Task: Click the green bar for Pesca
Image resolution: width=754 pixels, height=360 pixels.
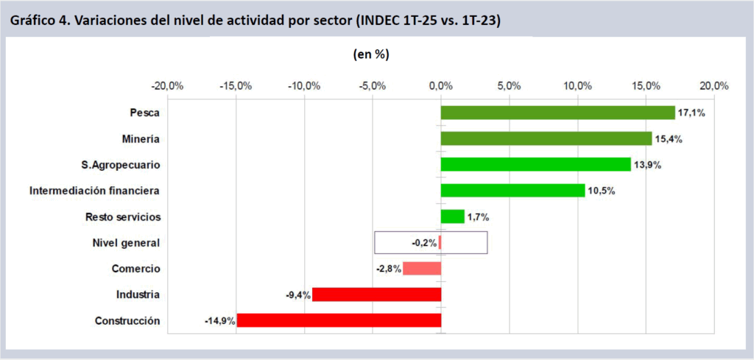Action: [x=557, y=113]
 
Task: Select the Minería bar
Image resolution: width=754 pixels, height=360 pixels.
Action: [x=546, y=138]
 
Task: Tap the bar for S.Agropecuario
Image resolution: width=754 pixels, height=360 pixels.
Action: [x=535, y=164]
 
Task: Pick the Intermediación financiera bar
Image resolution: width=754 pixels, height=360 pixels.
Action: [x=512, y=191]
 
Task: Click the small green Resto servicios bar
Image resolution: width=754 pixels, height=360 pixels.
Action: [x=452, y=216]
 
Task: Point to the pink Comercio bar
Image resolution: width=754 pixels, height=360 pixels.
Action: [x=422, y=269]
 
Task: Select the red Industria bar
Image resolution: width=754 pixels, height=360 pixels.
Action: [x=376, y=294]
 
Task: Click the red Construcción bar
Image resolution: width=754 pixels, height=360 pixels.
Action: [x=339, y=320]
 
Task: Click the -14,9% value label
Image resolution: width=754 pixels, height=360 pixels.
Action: [x=219, y=321]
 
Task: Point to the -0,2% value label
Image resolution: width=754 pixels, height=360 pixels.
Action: [x=424, y=243]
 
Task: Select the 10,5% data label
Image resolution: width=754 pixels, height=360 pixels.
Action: [x=600, y=191]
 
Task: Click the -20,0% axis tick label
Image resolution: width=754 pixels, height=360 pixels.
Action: [x=167, y=85]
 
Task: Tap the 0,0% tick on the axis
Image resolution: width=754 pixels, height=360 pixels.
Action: [x=441, y=85]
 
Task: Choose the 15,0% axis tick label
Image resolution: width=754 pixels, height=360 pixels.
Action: [x=646, y=85]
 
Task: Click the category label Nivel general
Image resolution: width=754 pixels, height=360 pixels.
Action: [x=127, y=243]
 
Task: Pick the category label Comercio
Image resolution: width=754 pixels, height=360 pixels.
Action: [x=135, y=269]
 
